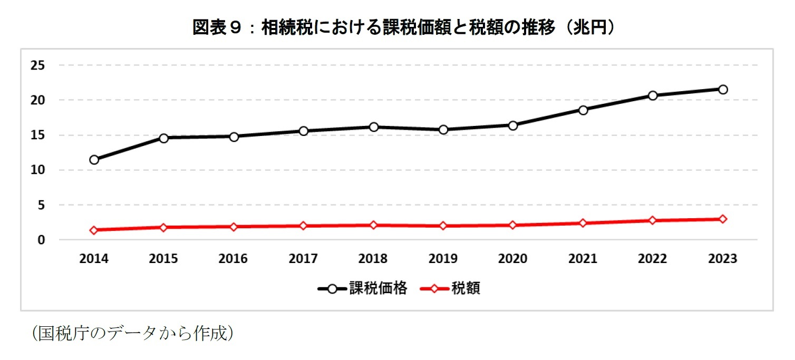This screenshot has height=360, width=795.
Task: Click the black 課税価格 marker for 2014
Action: coord(94,160)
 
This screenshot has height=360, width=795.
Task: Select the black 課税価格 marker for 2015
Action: coord(164,138)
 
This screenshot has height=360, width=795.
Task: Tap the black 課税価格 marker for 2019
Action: coord(443,130)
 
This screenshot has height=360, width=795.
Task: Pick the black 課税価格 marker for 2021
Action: coord(583,110)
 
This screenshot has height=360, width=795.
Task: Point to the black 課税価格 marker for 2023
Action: coord(722,90)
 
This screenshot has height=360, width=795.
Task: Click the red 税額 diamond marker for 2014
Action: coord(94,230)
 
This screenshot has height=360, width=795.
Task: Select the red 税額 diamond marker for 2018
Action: coord(373,225)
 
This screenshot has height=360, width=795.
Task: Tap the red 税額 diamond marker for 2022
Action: coord(653,220)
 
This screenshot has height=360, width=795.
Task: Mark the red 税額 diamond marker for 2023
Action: coord(722,219)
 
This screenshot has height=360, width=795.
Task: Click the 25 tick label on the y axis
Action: coord(38,65)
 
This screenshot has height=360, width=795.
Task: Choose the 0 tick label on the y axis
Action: coord(41,240)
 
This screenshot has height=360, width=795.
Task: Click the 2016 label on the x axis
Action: coord(234,259)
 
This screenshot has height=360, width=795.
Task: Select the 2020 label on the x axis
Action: coord(513,259)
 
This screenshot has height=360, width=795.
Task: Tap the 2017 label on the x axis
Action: coord(303,259)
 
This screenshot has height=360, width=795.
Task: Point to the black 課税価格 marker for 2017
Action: coord(303,131)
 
